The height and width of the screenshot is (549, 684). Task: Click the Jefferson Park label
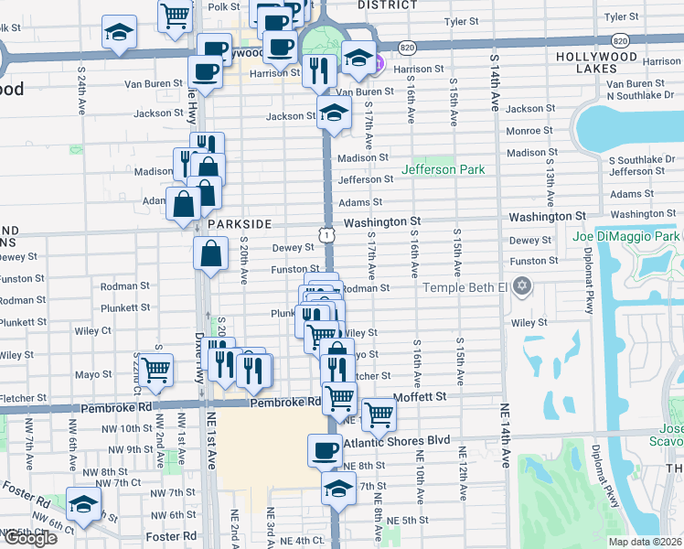[x=443, y=169]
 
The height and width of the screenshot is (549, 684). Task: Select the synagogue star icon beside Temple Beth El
[x=522, y=287]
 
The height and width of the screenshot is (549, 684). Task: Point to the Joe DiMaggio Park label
[x=626, y=237]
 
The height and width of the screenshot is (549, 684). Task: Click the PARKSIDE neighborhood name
[x=240, y=223]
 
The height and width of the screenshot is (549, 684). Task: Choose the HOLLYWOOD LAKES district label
[x=595, y=56]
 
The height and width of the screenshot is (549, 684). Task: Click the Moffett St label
[x=420, y=397]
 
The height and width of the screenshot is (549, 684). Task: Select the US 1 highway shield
[x=326, y=235]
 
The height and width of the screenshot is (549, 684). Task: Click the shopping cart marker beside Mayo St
[x=157, y=370]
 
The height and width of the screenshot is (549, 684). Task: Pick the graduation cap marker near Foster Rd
[x=84, y=504]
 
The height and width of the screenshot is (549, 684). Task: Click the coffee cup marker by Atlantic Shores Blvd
[x=326, y=449]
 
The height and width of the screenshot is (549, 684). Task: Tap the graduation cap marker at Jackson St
[x=336, y=113]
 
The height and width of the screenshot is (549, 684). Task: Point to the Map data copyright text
[x=646, y=542]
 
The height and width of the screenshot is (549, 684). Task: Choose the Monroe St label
[x=524, y=131]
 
